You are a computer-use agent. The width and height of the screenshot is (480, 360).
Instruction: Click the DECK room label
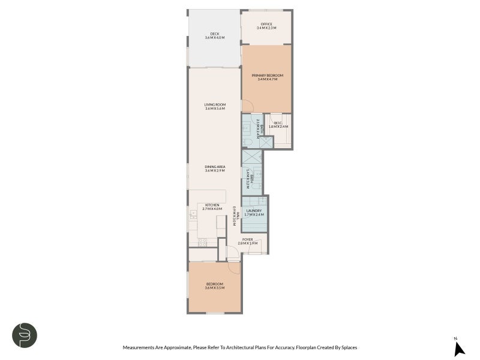point(214,34)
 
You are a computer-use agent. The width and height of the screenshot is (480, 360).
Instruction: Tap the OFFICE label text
point(266,24)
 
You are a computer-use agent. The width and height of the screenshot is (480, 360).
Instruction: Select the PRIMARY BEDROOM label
point(267,75)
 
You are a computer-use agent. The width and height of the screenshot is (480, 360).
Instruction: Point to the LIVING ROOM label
point(214,104)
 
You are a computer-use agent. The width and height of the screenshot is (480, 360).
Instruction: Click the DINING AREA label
point(214,167)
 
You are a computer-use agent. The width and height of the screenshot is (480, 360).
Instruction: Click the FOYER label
point(248,239)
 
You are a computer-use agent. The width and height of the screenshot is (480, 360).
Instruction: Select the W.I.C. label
point(278,123)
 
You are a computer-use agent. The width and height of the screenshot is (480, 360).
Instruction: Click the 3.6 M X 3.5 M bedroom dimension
point(214,288)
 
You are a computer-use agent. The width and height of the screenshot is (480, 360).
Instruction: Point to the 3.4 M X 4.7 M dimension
point(267,79)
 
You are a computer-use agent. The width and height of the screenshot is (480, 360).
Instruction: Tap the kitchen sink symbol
point(193,214)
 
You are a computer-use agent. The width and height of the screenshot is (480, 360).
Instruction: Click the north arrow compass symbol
point(458,348)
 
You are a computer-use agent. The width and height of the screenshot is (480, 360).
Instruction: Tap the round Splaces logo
point(25,335)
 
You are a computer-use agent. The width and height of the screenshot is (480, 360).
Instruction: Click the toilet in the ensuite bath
point(247,142)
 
